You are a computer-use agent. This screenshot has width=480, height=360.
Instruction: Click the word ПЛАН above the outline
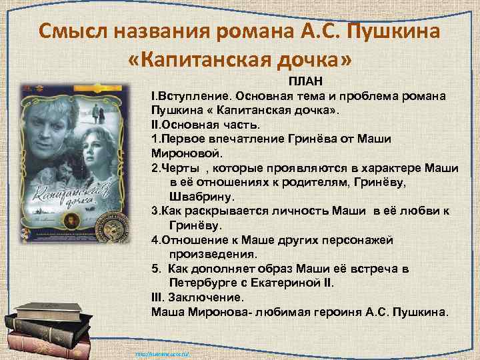pos(305,81)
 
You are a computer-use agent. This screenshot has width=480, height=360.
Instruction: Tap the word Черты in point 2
pos(176,168)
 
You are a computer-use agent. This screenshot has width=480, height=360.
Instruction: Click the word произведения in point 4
pos(213,254)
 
